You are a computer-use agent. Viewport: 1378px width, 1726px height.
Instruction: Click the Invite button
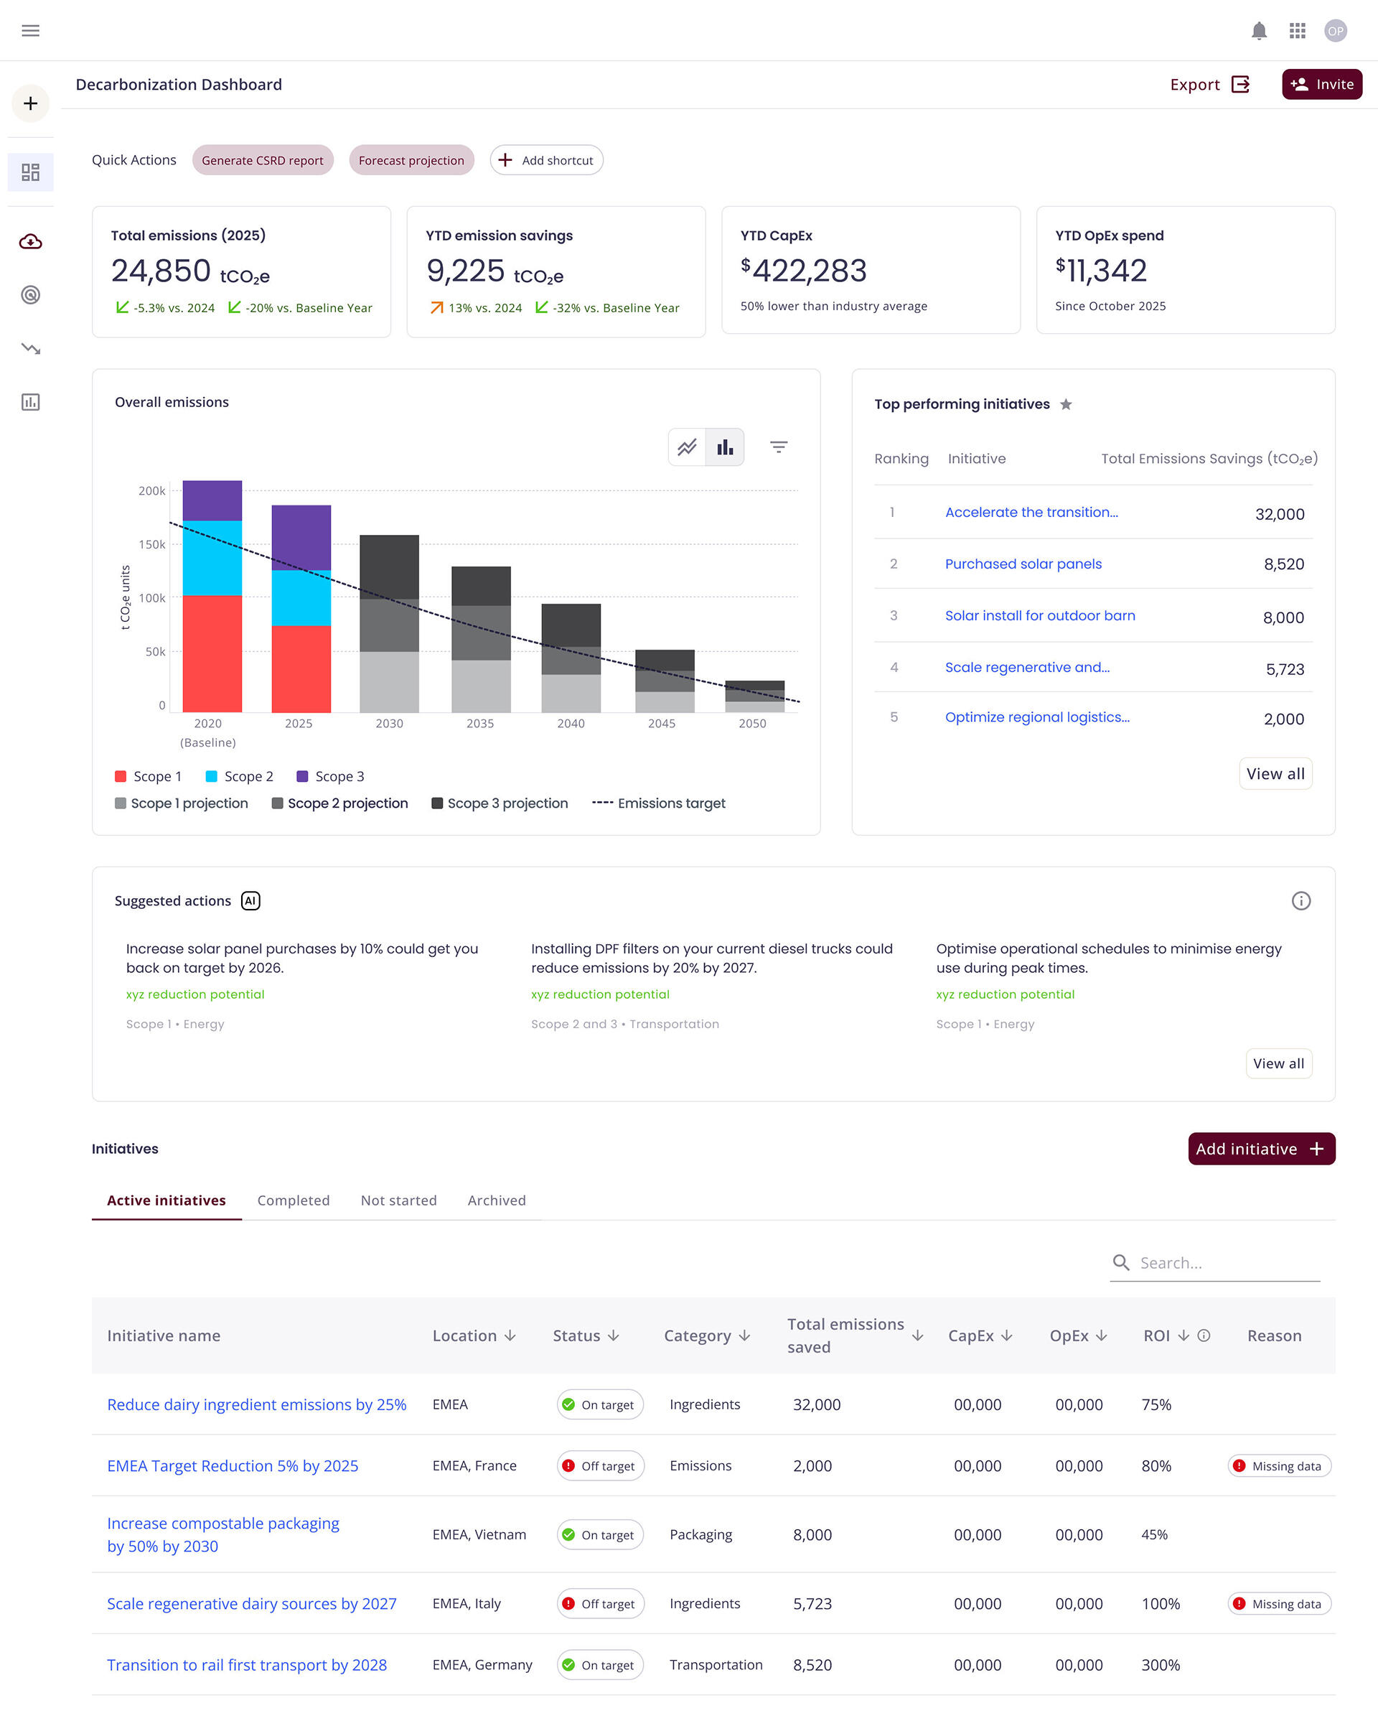(1321, 84)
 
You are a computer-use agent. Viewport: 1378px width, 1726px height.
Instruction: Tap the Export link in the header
(1209, 84)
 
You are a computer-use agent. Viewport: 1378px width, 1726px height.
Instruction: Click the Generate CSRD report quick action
(263, 160)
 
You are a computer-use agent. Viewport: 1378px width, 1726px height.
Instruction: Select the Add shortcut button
(547, 160)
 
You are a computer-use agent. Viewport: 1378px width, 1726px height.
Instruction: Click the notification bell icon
(1259, 30)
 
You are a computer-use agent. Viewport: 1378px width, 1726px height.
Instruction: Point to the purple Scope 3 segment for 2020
(212, 500)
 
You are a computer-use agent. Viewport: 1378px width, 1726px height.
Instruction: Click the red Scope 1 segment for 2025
(301, 668)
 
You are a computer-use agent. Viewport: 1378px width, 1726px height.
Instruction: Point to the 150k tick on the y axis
(152, 544)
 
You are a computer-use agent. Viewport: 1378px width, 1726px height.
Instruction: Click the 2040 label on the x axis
(571, 723)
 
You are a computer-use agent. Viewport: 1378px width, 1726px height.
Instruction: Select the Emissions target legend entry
(660, 803)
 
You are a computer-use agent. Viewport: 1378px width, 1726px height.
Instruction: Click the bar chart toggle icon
(725, 447)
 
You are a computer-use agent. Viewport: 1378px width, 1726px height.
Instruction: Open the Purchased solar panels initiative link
(1023, 564)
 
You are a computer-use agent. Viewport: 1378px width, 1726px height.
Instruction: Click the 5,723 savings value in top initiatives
(1285, 669)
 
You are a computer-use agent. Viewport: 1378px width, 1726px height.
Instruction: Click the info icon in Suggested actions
(1300, 900)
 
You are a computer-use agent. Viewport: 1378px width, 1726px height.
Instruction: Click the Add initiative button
(1260, 1149)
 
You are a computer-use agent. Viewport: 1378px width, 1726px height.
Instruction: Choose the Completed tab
(293, 1200)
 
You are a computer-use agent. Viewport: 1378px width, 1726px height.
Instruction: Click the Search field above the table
(1224, 1262)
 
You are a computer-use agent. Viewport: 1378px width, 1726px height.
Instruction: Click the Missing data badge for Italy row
(1279, 1603)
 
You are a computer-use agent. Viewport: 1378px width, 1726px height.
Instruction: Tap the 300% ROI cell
(1161, 1665)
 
